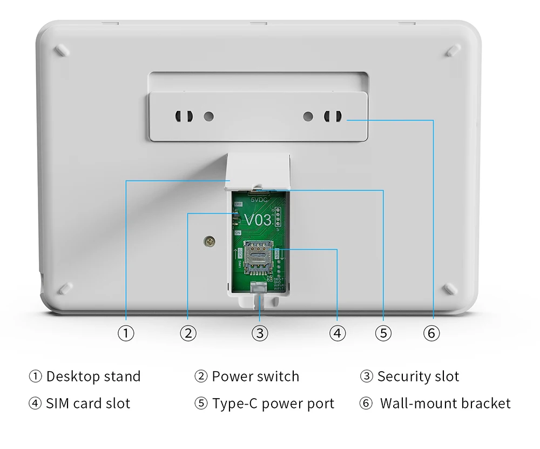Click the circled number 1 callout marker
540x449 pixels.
coord(126,333)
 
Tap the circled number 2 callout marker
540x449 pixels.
coord(187,333)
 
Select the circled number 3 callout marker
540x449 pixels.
coord(260,333)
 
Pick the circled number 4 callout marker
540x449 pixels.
coord(337,333)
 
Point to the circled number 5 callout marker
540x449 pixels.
coord(383,333)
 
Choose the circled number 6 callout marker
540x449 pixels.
coord(431,333)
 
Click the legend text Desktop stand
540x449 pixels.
coord(93,377)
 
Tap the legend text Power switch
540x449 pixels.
coord(255,377)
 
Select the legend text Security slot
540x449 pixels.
coord(418,377)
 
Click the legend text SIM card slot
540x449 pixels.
coord(87,404)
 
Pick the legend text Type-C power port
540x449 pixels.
coord(273,404)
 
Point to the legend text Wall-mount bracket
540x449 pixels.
coord(445,404)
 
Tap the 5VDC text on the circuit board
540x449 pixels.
coord(258,198)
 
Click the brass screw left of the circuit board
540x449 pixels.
coord(208,241)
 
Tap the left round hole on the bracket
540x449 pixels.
coord(209,116)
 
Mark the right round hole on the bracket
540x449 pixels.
coord(308,116)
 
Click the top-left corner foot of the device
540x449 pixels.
coord(63,49)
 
